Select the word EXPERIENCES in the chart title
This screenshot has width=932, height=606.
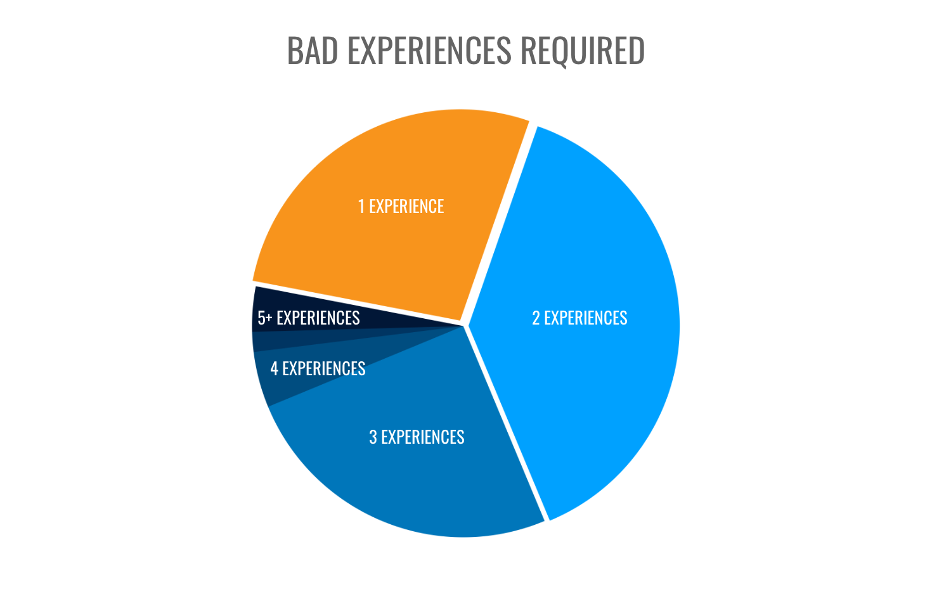point(430,51)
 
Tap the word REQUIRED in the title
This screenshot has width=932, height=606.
point(582,51)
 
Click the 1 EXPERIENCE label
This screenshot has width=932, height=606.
point(401,207)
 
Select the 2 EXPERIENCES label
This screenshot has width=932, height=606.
point(579,318)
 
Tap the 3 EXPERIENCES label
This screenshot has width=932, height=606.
point(417,437)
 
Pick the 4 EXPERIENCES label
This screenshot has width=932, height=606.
point(318,368)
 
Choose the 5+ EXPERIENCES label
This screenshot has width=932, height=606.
point(309,318)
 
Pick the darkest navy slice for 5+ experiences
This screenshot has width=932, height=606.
point(380,317)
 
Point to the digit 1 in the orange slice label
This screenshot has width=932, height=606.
point(361,207)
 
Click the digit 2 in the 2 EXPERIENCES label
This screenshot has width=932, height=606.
point(536,318)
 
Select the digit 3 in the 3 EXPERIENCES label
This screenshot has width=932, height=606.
point(373,437)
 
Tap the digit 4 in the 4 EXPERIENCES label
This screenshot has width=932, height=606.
point(274,368)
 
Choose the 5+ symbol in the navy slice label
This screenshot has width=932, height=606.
point(264,318)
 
